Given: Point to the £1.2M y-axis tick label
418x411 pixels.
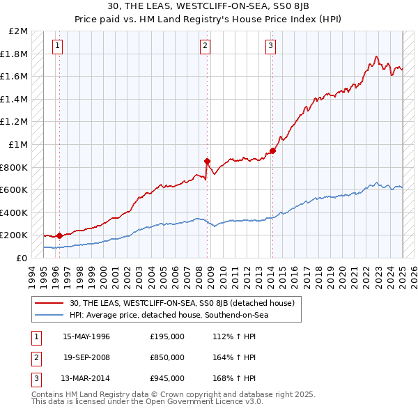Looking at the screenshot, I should [x=15, y=122].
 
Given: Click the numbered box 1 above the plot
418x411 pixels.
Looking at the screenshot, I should [x=56, y=47].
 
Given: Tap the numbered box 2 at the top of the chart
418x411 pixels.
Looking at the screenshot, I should [x=206, y=47].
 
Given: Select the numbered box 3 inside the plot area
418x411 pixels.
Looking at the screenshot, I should [x=270, y=47].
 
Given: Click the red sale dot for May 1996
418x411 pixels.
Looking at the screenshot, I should [x=59, y=235].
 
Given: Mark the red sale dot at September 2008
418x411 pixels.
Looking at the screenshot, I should [x=207, y=161].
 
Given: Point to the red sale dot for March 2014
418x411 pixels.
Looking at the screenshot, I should [x=272, y=150].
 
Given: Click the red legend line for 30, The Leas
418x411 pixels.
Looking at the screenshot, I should [x=50, y=303].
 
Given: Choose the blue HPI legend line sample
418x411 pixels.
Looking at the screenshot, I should [x=50, y=315].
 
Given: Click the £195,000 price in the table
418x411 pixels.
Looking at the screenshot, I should [x=167, y=336].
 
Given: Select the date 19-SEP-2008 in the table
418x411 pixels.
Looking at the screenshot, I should [x=86, y=357].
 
